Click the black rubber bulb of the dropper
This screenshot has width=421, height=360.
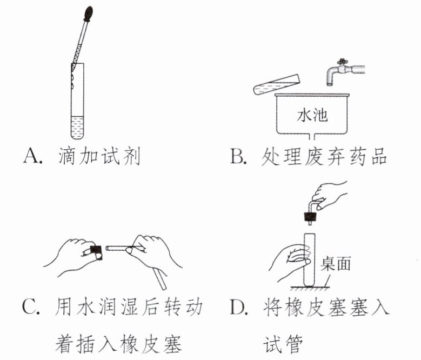pos(88,14)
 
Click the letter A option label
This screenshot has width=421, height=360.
pos(32,156)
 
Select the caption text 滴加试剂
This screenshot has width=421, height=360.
pos(99,156)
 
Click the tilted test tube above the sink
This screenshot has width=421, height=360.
pos(276,84)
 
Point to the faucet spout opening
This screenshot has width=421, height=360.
pos(330,84)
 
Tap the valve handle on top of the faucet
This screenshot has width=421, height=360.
pos(342,61)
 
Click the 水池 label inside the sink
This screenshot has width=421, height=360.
pos(312,116)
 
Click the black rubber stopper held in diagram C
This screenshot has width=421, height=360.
pos(96,250)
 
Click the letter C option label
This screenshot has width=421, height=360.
pos(31,306)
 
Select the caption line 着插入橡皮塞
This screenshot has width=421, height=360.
pos(118,344)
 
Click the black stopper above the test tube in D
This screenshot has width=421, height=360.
pos(310,216)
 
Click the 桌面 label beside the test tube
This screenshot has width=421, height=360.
pos(336,263)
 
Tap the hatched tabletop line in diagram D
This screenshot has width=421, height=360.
pos(310,288)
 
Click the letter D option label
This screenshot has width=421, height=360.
pos(239,307)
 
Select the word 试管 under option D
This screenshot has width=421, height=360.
pos(283,344)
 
